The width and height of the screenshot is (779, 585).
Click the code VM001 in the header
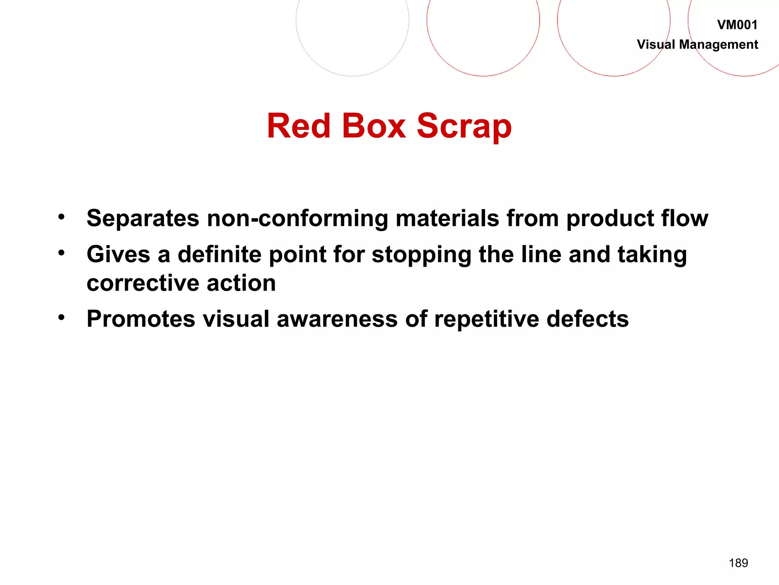pos(737,25)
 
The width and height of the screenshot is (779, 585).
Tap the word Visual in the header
pos(656,45)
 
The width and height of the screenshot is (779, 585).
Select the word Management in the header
pos(719,45)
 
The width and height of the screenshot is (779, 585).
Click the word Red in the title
pos(299,126)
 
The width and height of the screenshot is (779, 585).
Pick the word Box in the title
pos(374,126)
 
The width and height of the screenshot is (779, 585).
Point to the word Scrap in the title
pos(464,127)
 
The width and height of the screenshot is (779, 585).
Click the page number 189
pos(738,563)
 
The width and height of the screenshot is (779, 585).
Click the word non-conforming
pos(297,219)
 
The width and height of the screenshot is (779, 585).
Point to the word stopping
pos(421,255)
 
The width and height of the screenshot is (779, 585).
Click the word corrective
pos(143,283)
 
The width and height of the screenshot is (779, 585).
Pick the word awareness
pos(337,319)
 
